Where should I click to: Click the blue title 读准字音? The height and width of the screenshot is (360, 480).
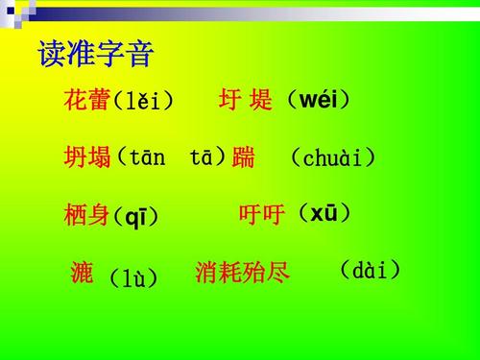(x=96, y=55)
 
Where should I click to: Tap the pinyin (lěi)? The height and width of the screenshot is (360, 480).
(x=144, y=101)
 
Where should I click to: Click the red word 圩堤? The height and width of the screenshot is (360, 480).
(x=246, y=100)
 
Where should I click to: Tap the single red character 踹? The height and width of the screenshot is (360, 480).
(x=244, y=158)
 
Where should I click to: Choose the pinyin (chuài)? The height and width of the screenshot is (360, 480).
(x=332, y=158)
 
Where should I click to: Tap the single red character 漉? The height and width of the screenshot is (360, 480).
(x=83, y=274)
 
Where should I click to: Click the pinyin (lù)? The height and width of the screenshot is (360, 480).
(x=132, y=278)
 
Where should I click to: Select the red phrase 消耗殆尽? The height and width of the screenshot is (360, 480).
(x=242, y=274)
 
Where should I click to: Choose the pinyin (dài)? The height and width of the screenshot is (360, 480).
(x=370, y=270)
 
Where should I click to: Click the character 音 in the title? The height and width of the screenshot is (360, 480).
(x=140, y=55)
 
